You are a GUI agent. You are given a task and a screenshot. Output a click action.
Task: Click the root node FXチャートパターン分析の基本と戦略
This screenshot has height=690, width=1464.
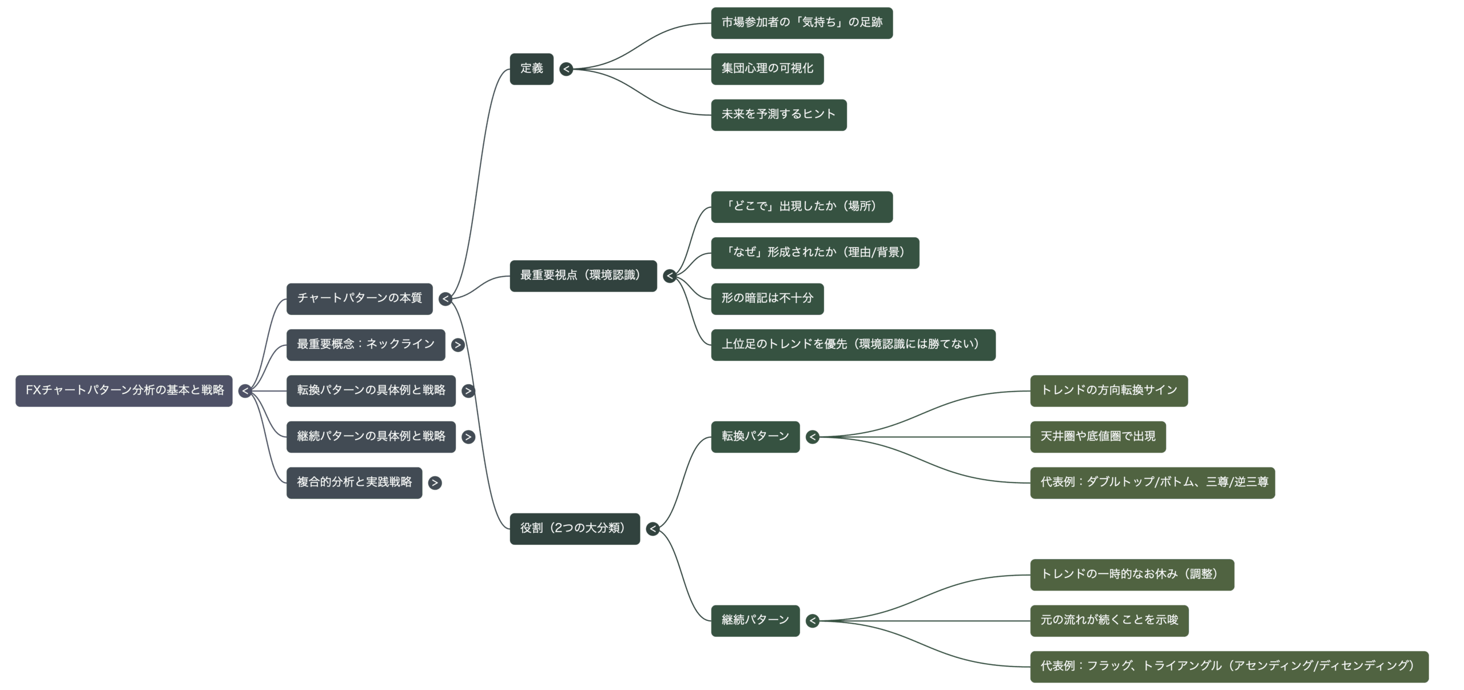(x=124, y=390)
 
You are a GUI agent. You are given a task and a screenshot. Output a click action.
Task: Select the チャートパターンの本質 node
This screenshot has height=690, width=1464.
(x=359, y=298)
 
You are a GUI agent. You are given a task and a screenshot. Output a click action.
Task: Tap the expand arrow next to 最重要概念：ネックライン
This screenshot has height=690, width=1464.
(x=457, y=345)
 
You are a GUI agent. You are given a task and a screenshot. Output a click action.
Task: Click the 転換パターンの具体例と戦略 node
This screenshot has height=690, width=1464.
(x=371, y=390)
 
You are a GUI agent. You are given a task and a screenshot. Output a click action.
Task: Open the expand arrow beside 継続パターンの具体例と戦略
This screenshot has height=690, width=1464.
(x=468, y=437)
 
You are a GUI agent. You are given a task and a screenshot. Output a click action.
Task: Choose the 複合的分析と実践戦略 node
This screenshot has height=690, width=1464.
(x=354, y=482)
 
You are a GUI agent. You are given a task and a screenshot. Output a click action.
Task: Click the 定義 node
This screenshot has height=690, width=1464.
(x=531, y=69)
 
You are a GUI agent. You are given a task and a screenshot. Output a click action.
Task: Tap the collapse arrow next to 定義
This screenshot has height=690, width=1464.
(x=566, y=69)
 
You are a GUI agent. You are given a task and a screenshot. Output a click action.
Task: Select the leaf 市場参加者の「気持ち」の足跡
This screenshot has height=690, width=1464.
(x=801, y=23)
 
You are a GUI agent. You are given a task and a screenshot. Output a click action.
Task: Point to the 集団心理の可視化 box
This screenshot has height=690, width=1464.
(x=767, y=69)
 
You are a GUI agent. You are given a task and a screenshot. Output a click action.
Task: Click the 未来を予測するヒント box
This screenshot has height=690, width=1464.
(x=778, y=115)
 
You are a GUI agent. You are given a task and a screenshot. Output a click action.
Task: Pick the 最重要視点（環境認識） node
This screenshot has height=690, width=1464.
(x=583, y=276)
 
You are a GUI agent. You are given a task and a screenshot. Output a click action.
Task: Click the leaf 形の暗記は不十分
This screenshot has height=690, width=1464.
(x=767, y=298)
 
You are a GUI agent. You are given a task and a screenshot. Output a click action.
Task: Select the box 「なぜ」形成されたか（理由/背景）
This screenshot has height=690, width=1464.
(x=814, y=253)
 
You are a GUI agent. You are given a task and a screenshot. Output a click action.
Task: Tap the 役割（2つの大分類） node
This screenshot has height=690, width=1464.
(x=574, y=528)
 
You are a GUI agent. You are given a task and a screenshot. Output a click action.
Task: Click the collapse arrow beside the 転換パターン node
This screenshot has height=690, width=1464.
(x=813, y=437)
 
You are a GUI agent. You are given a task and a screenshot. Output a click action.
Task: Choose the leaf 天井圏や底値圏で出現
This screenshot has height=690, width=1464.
(x=1097, y=437)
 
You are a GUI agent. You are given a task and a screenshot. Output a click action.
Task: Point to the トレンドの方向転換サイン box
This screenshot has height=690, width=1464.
(x=1108, y=390)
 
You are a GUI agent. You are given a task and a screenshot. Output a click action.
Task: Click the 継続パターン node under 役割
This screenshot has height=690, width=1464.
(x=755, y=620)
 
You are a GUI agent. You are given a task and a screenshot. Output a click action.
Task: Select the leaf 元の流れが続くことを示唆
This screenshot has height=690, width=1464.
(x=1109, y=620)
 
